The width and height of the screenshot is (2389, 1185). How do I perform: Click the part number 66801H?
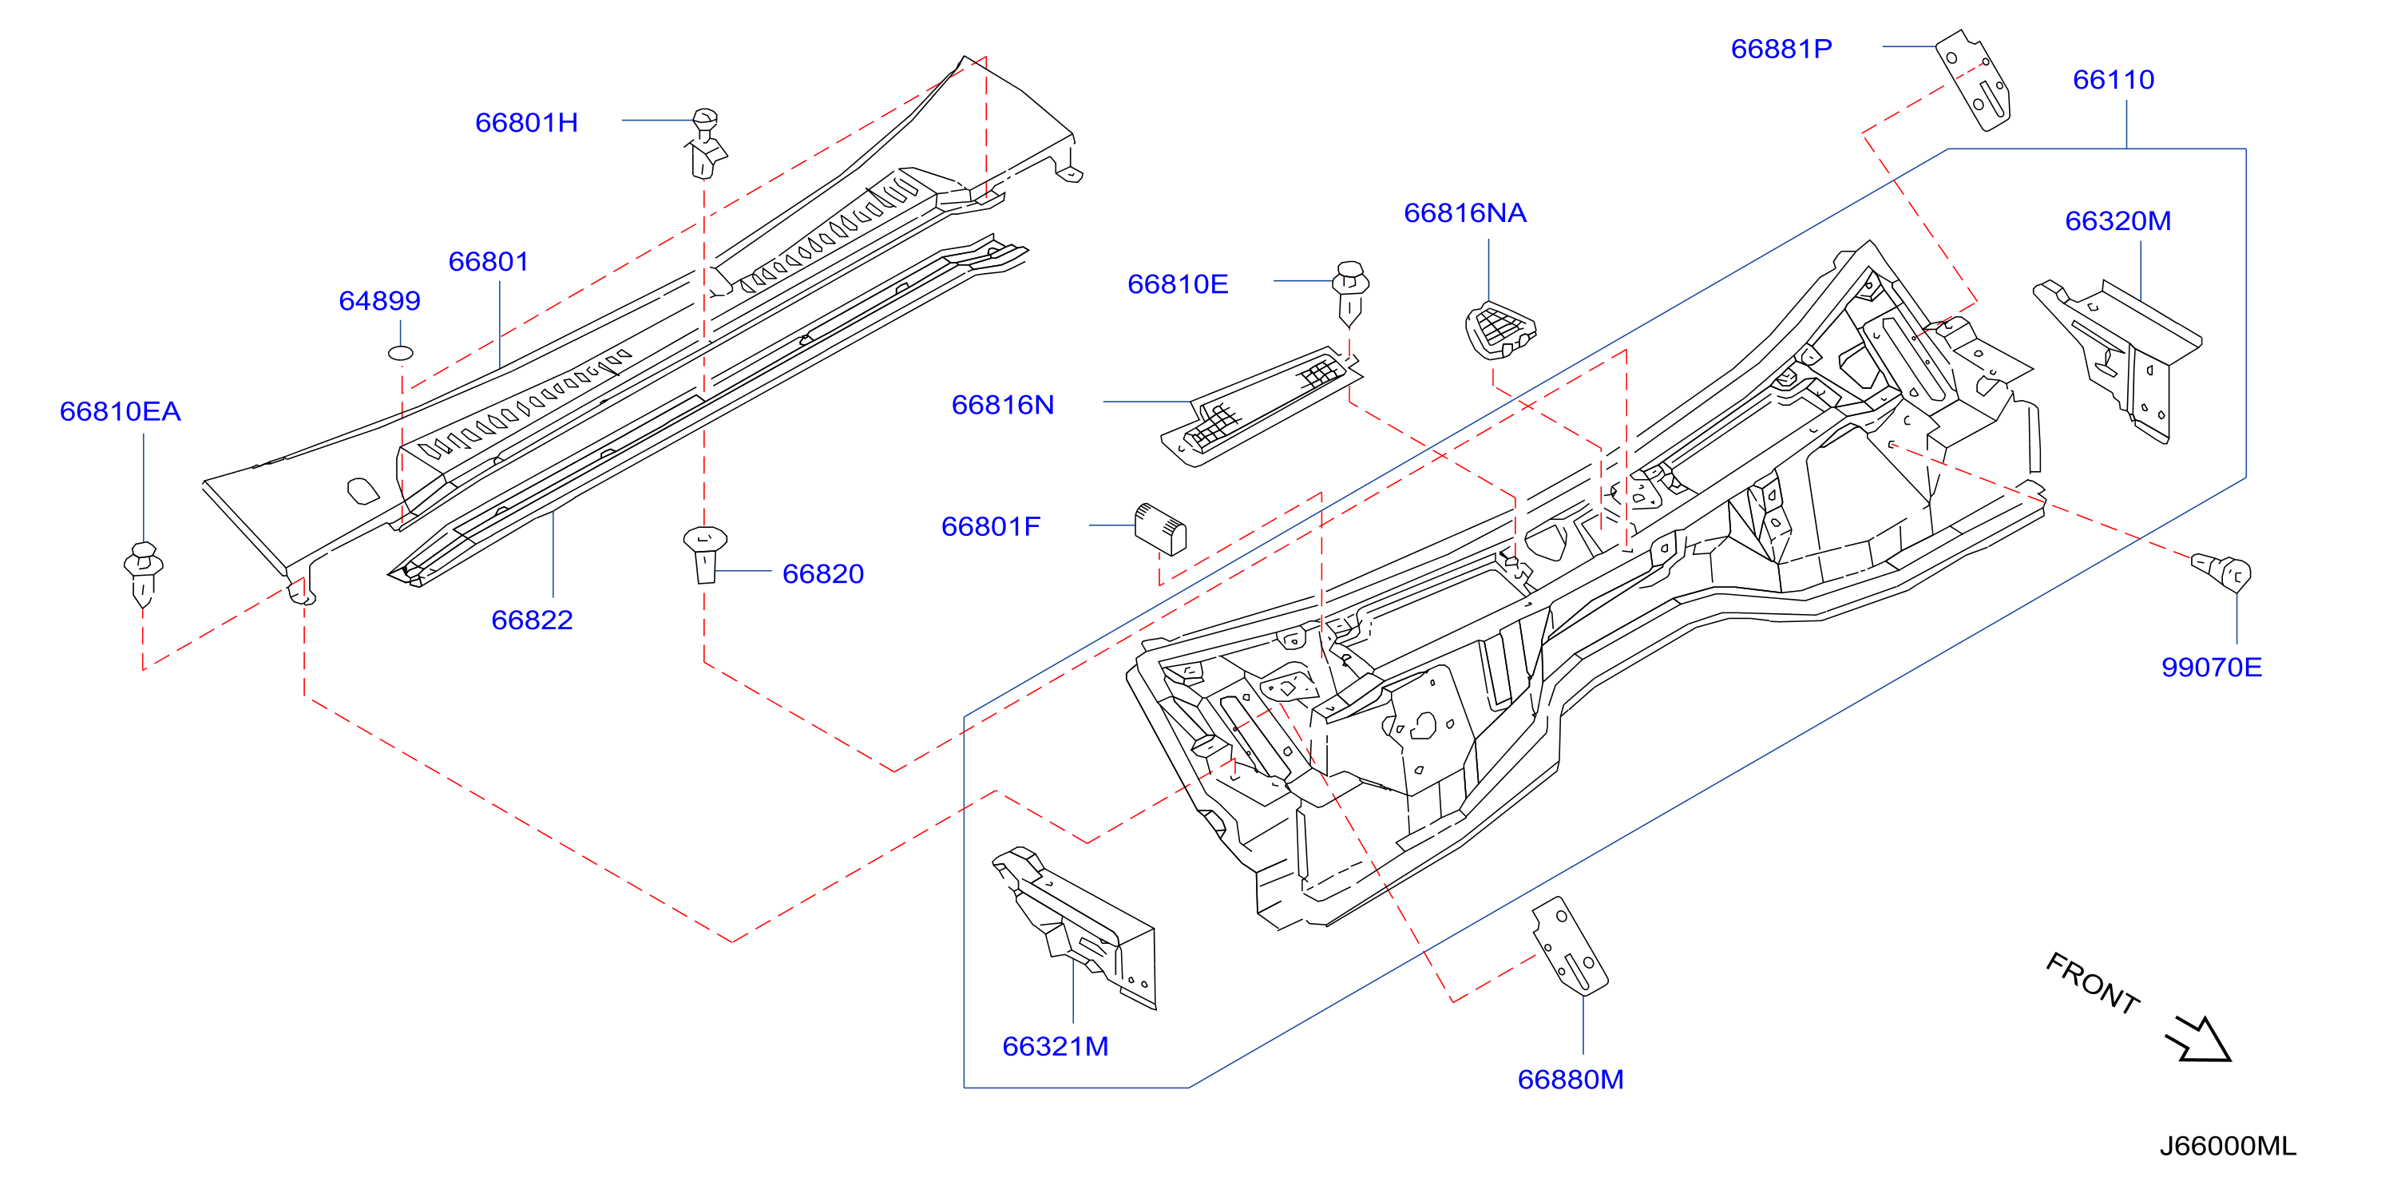click(526, 122)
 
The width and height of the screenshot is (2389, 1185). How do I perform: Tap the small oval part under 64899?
click(400, 352)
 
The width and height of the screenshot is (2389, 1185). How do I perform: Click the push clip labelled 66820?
click(705, 554)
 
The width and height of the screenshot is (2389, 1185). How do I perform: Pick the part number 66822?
click(532, 620)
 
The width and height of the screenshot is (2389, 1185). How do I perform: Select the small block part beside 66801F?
click(1160, 529)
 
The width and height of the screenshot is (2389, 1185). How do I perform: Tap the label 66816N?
click(1003, 404)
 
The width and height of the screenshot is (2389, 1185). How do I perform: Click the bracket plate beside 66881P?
click(1972, 80)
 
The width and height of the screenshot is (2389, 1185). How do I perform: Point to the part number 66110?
click(2113, 80)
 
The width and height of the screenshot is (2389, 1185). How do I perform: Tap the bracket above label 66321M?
click(1076, 927)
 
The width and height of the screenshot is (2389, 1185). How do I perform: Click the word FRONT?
click(2092, 983)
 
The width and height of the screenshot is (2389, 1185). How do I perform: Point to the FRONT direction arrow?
click(2199, 1040)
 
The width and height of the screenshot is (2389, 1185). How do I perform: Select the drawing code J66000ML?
click(2227, 1146)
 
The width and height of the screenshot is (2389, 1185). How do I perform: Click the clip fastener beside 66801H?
click(706, 144)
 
